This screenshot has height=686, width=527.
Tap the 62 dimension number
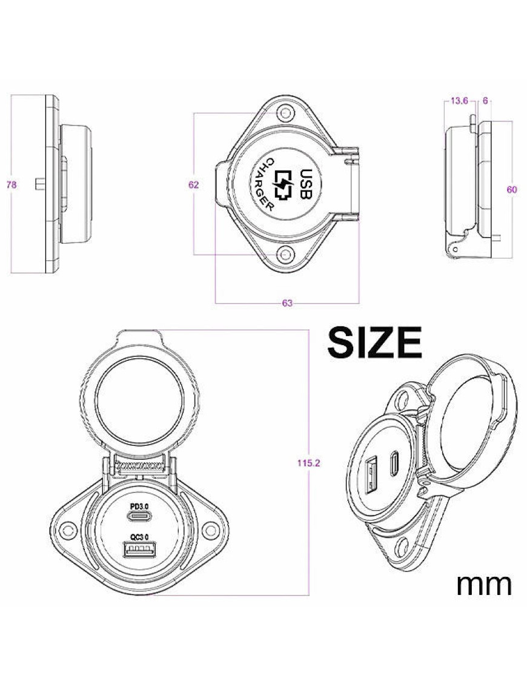pyautogui.click(x=193, y=185)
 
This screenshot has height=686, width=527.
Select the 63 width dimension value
pyautogui.click(x=288, y=303)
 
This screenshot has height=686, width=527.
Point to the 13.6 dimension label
pyautogui.click(x=459, y=101)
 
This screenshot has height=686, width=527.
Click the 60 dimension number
pyautogui.click(x=512, y=189)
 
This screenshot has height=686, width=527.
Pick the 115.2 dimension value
pyautogui.click(x=309, y=463)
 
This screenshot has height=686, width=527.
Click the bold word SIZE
pyautogui.click(x=374, y=343)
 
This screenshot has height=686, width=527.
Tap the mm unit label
pyautogui.click(x=484, y=584)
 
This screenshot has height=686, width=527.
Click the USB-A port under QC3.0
pyautogui.click(x=139, y=550)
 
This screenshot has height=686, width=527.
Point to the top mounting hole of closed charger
pyautogui.click(x=285, y=113)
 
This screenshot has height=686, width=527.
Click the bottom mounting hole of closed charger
pyautogui.click(x=285, y=255)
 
